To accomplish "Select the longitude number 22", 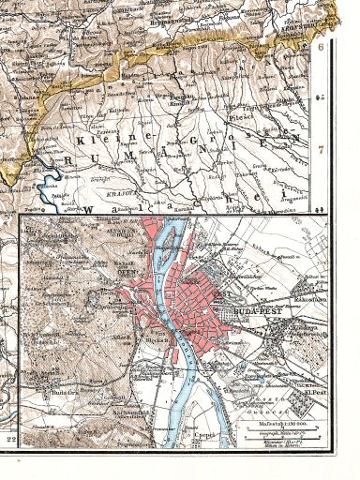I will (x=12, y=439).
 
